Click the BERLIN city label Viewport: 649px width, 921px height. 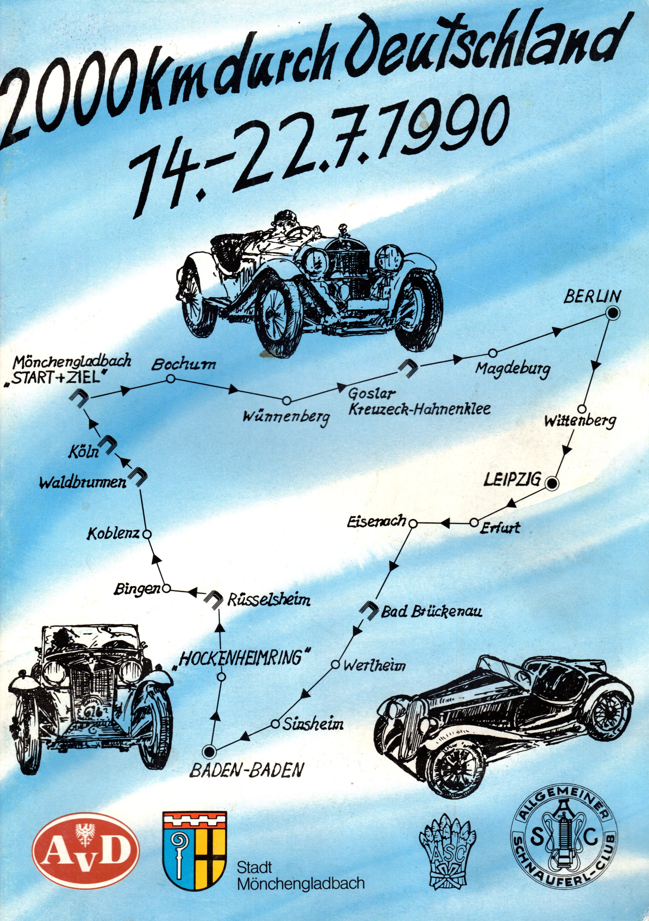[592, 297]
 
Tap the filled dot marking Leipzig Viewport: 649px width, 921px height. [553, 484]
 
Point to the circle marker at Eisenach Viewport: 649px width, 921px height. [413, 523]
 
